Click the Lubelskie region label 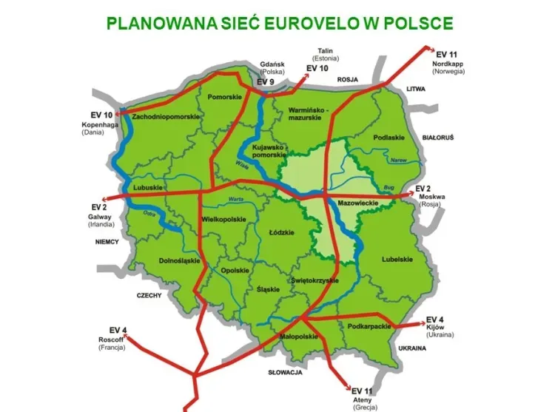[x=396, y=259]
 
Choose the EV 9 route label [x=266, y=81]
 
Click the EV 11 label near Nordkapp [x=448, y=55]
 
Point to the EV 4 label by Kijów [x=435, y=319]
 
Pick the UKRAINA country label [x=413, y=347]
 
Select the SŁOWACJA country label [x=285, y=373]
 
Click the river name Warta [x=236, y=200]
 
